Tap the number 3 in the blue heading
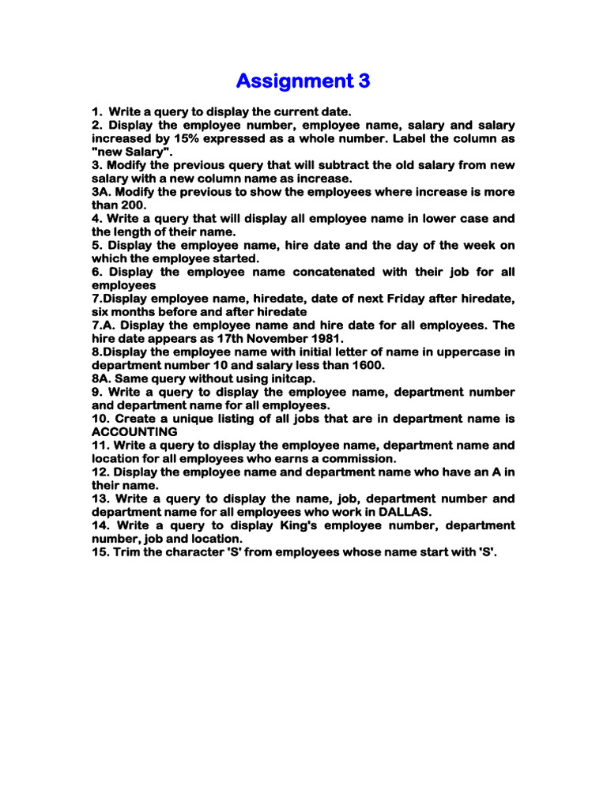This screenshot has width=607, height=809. click(363, 81)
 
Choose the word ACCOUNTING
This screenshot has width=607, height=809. click(134, 432)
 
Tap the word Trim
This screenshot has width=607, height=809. click(134, 552)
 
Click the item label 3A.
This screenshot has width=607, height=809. click(102, 192)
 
